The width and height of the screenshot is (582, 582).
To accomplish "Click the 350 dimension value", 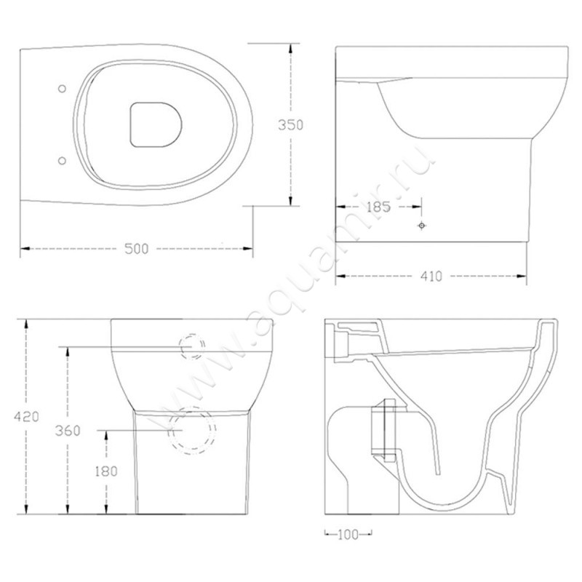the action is tap(291, 124).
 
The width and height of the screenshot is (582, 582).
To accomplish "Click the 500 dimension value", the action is tap(136, 249).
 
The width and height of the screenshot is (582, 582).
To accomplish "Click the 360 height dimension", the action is tap(68, 429).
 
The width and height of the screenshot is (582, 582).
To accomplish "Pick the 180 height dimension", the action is tap(107, 471).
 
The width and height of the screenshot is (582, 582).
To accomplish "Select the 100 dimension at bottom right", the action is tap(347, 535).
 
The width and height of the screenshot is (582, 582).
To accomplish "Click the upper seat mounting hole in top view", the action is tap(61, 88).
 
